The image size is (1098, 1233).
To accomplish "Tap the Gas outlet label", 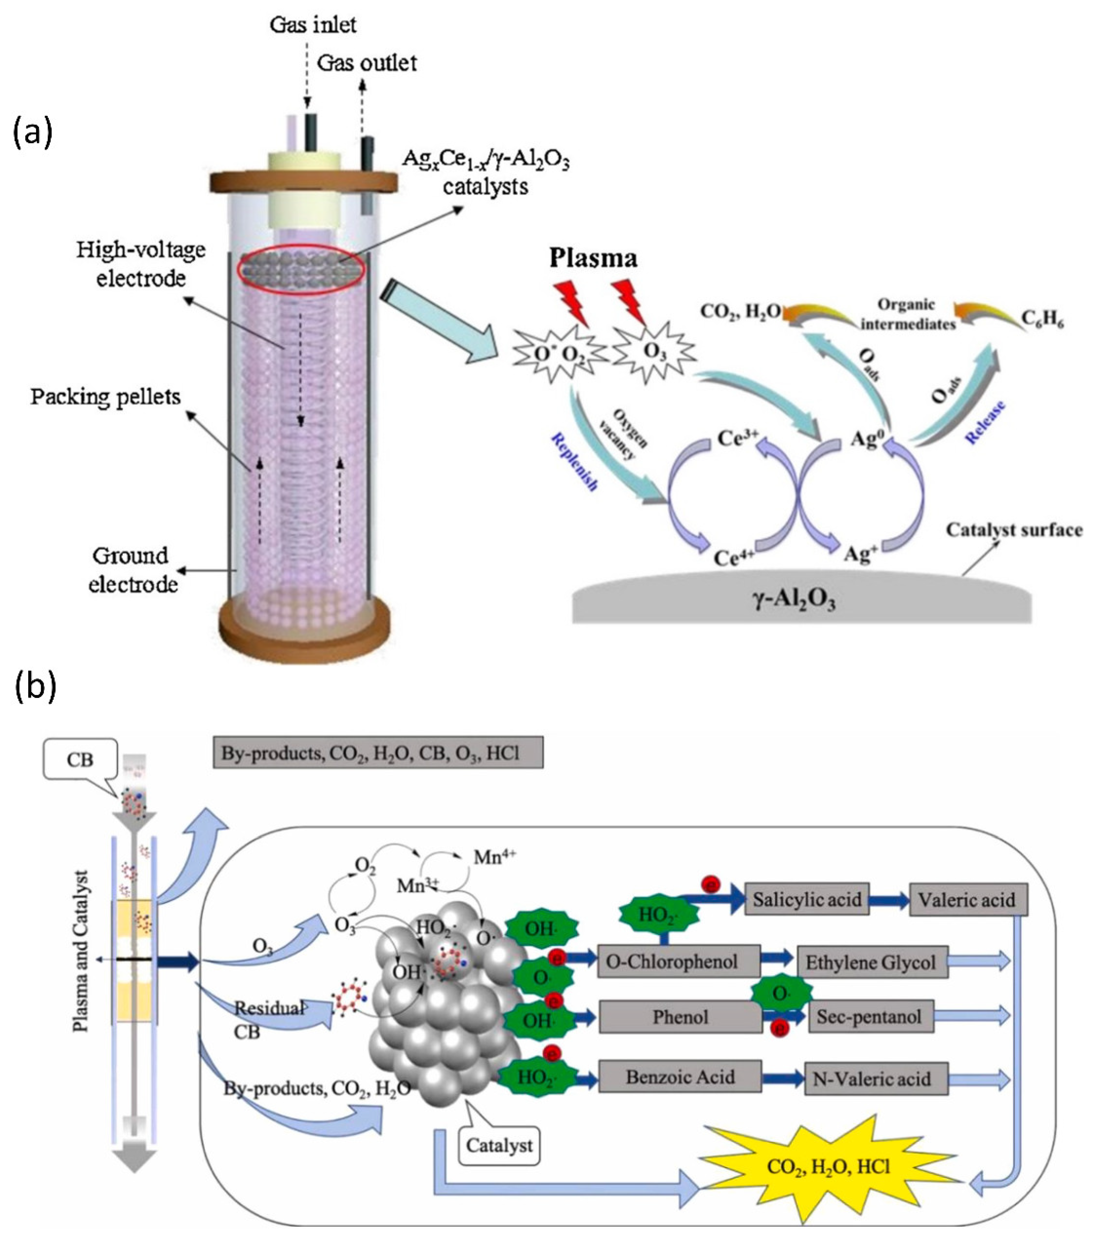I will (367, 63).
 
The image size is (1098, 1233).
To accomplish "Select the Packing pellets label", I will (106, 397).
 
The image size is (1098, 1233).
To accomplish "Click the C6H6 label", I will (1042, 320).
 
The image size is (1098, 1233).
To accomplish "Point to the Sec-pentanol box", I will (868, 1017).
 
